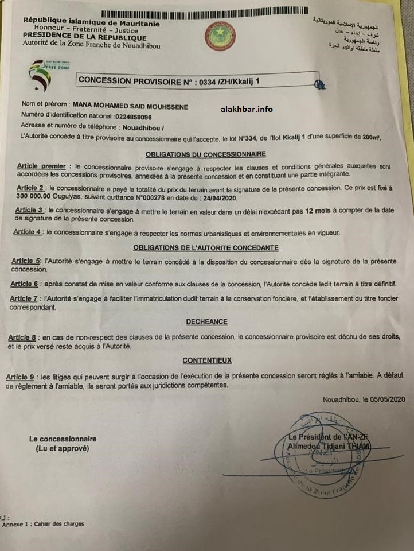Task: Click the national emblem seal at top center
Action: (217, 35)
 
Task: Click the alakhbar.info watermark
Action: (247, 110)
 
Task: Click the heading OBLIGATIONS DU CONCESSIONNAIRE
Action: (205, 154)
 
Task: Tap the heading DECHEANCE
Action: (206, 322)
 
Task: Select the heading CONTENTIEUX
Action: (207, 360)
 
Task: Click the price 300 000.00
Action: (38, 197)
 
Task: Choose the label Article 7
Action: (24, 299)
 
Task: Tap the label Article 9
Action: (20, 377)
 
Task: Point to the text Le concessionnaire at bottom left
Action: (63, 439)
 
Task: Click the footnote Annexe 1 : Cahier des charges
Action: (43, 523)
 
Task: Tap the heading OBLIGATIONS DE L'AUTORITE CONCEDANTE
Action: (205, 247)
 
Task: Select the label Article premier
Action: (41, 165)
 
